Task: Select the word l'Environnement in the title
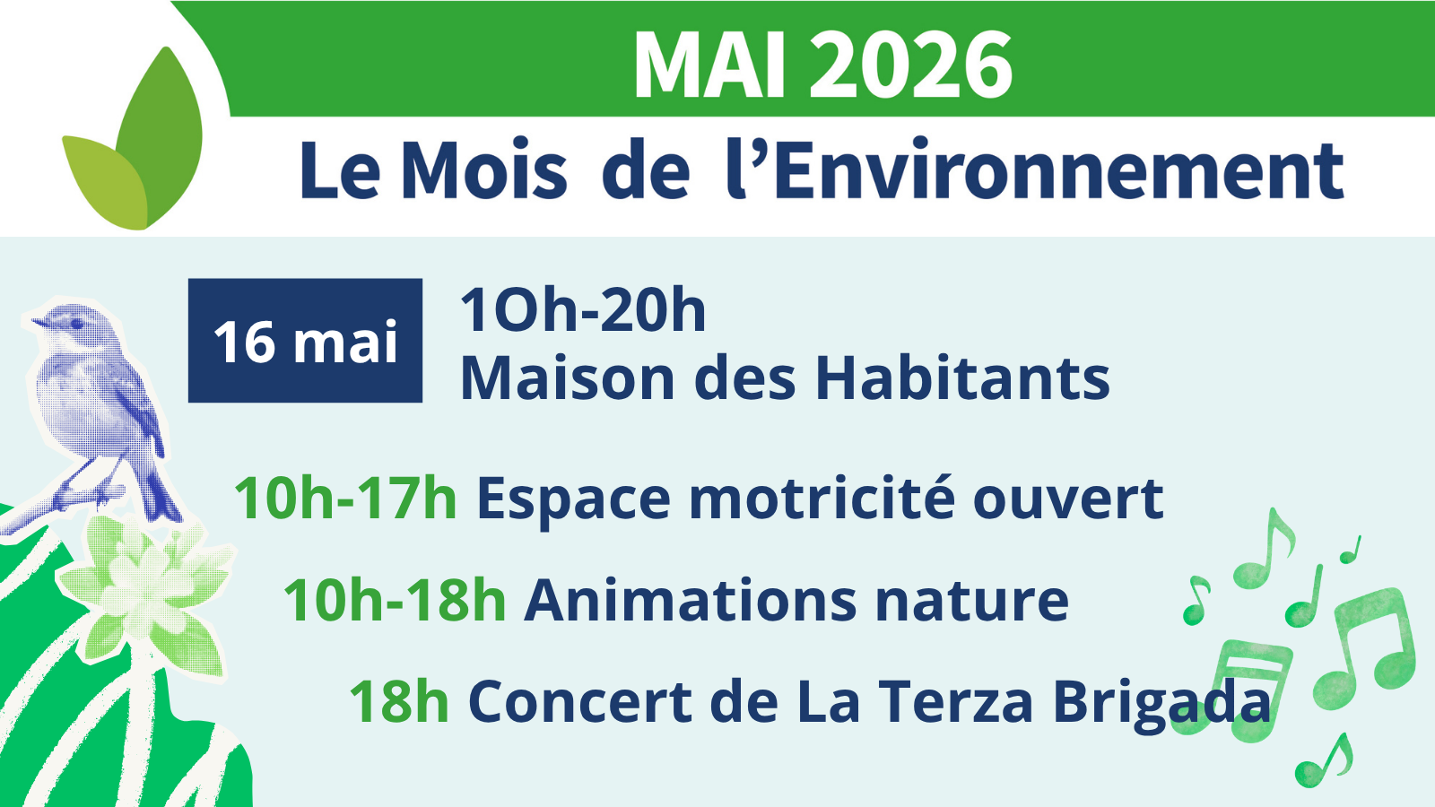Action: point(1035,169)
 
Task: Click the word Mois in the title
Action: point(484,169)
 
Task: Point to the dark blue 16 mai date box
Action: point(305,341)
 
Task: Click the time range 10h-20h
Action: point(583,310)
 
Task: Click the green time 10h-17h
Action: point(346,499)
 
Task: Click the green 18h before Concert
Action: point(399,702)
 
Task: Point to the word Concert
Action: point(580,702)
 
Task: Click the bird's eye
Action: point(77,324)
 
